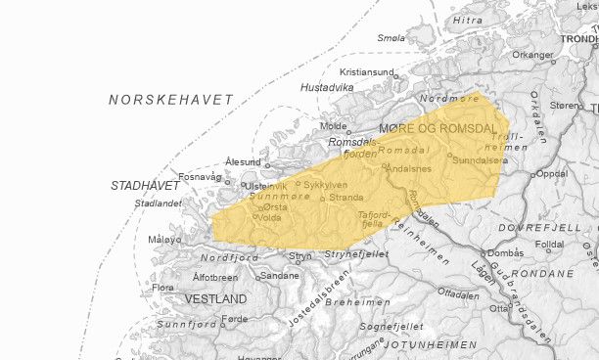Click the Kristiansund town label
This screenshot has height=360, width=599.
(367, 72)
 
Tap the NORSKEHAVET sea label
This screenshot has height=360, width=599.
(171, 100)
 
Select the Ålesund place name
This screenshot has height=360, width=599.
(243, 161)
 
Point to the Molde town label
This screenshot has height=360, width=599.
(334, 126)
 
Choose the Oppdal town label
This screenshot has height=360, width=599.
(552, 173)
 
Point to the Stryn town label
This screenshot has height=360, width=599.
(300, 258)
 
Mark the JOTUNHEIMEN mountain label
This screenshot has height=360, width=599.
(430, 344)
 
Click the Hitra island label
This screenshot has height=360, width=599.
(468, 20)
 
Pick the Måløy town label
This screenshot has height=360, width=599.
(164, 240)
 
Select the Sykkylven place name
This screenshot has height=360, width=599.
(325, 184)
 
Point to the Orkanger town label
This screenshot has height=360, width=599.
(532, 55)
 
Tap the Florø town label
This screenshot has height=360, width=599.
(161, 288)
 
